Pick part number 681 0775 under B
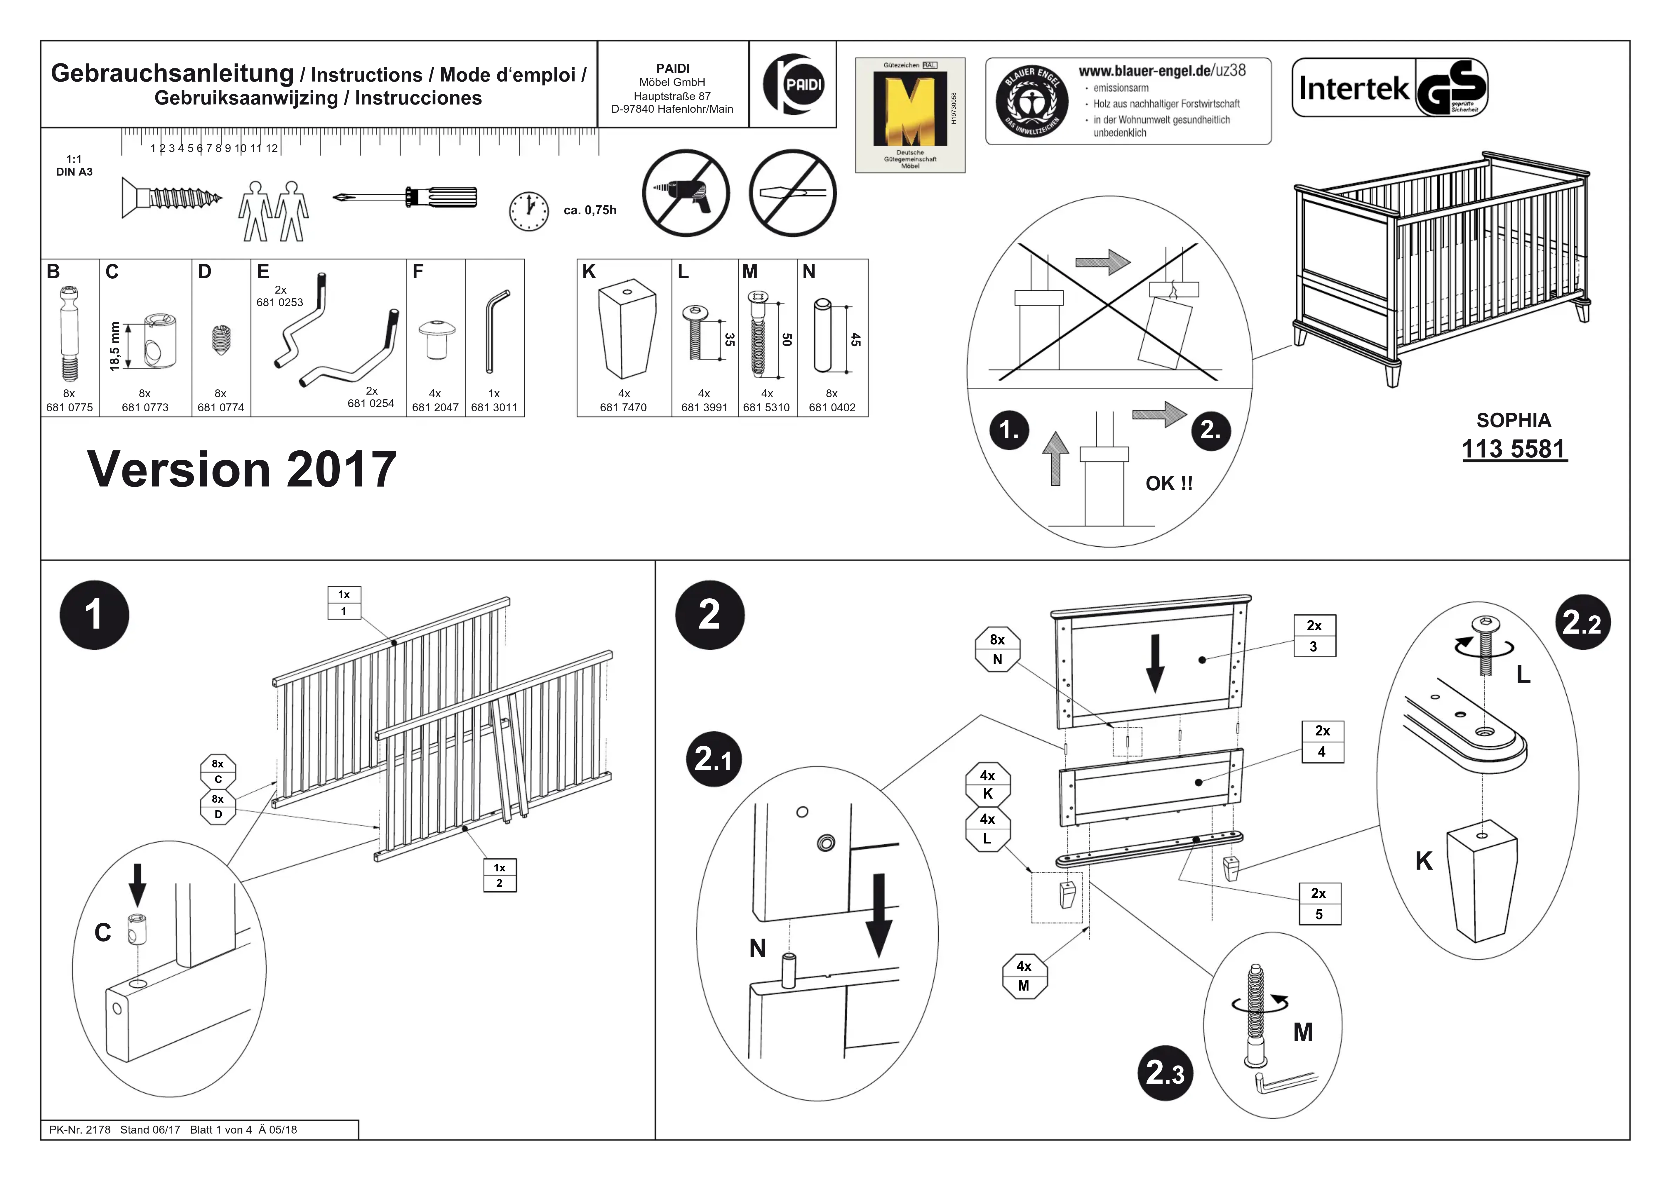[x=69, y=408]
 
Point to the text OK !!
[x=1169, y=483]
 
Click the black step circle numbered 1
[x=94, y=615]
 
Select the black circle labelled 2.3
[x=1165, y=1073]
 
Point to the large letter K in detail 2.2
[x=1423, y=861]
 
